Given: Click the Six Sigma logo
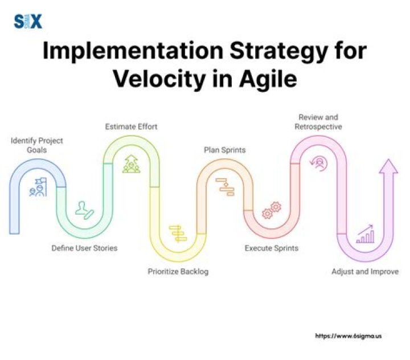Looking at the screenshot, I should pyautogui.click(x=28, y=21).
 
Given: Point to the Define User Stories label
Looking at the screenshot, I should pyautogui.click(x=84, y=248).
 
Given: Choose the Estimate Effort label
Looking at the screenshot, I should pyautogui.click(x=131, y=126).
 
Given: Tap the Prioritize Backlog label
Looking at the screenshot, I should pyautogui.click(x=178, y=272).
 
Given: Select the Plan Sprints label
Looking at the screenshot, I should pyautogui.click(x=225, y=150).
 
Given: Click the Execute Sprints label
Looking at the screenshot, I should pyautogui.click(x=272, y=248).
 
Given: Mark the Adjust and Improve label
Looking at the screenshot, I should pyautogui.click(x=365, y=272).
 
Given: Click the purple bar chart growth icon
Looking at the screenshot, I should pyautogui.click(x=365, y=234).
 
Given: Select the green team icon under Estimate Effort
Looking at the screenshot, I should pyautogui.click(x=131, y=164).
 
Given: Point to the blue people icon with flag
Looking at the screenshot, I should pyautogui.click(x=38, y=187).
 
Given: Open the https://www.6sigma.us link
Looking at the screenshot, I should pyautogui.click(x=348, y=336).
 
